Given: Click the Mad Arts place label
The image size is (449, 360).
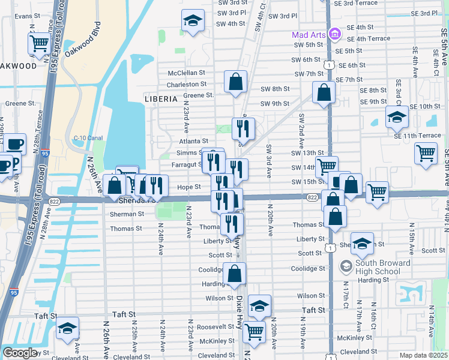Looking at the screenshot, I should point(309,35).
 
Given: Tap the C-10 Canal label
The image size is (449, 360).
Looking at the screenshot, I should point(88,137).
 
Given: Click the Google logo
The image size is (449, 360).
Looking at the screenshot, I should point(20,352).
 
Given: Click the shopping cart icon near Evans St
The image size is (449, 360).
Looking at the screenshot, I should point(39,44).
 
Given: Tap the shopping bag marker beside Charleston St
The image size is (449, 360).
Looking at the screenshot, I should point(236,82).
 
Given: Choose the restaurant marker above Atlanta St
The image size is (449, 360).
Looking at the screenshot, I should point(243,128).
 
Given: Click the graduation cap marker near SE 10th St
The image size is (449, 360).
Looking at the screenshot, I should point(396,117).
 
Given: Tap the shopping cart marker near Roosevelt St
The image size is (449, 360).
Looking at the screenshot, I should point(255,331).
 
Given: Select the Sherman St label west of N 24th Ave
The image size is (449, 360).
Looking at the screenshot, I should point(127,214).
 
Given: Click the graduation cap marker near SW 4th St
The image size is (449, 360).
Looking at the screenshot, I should point(193,20).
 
